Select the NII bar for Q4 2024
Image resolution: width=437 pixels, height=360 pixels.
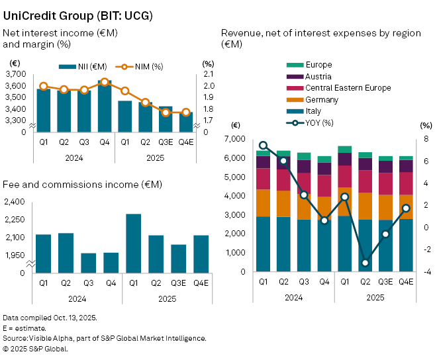point(105,106)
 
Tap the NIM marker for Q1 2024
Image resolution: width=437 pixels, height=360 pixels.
point(44,86)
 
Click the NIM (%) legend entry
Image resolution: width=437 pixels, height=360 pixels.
point(140,66)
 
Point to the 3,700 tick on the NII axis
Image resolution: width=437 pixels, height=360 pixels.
point(18,75)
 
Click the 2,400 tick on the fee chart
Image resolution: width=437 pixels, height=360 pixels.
point(15,202)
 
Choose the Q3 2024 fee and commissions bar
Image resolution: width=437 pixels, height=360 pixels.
point(88,262)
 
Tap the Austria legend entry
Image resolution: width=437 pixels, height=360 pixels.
point(318,77)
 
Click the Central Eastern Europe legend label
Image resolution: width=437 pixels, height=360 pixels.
point(348,88)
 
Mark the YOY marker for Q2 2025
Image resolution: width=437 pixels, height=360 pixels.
point(365,263)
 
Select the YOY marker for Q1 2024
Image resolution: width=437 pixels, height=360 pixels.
point(263,145)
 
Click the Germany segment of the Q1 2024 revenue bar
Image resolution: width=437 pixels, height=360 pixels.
point(263,203)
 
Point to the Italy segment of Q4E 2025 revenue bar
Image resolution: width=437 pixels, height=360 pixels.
point(406,245)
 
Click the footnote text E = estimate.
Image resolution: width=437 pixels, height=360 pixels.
point(24,328)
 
